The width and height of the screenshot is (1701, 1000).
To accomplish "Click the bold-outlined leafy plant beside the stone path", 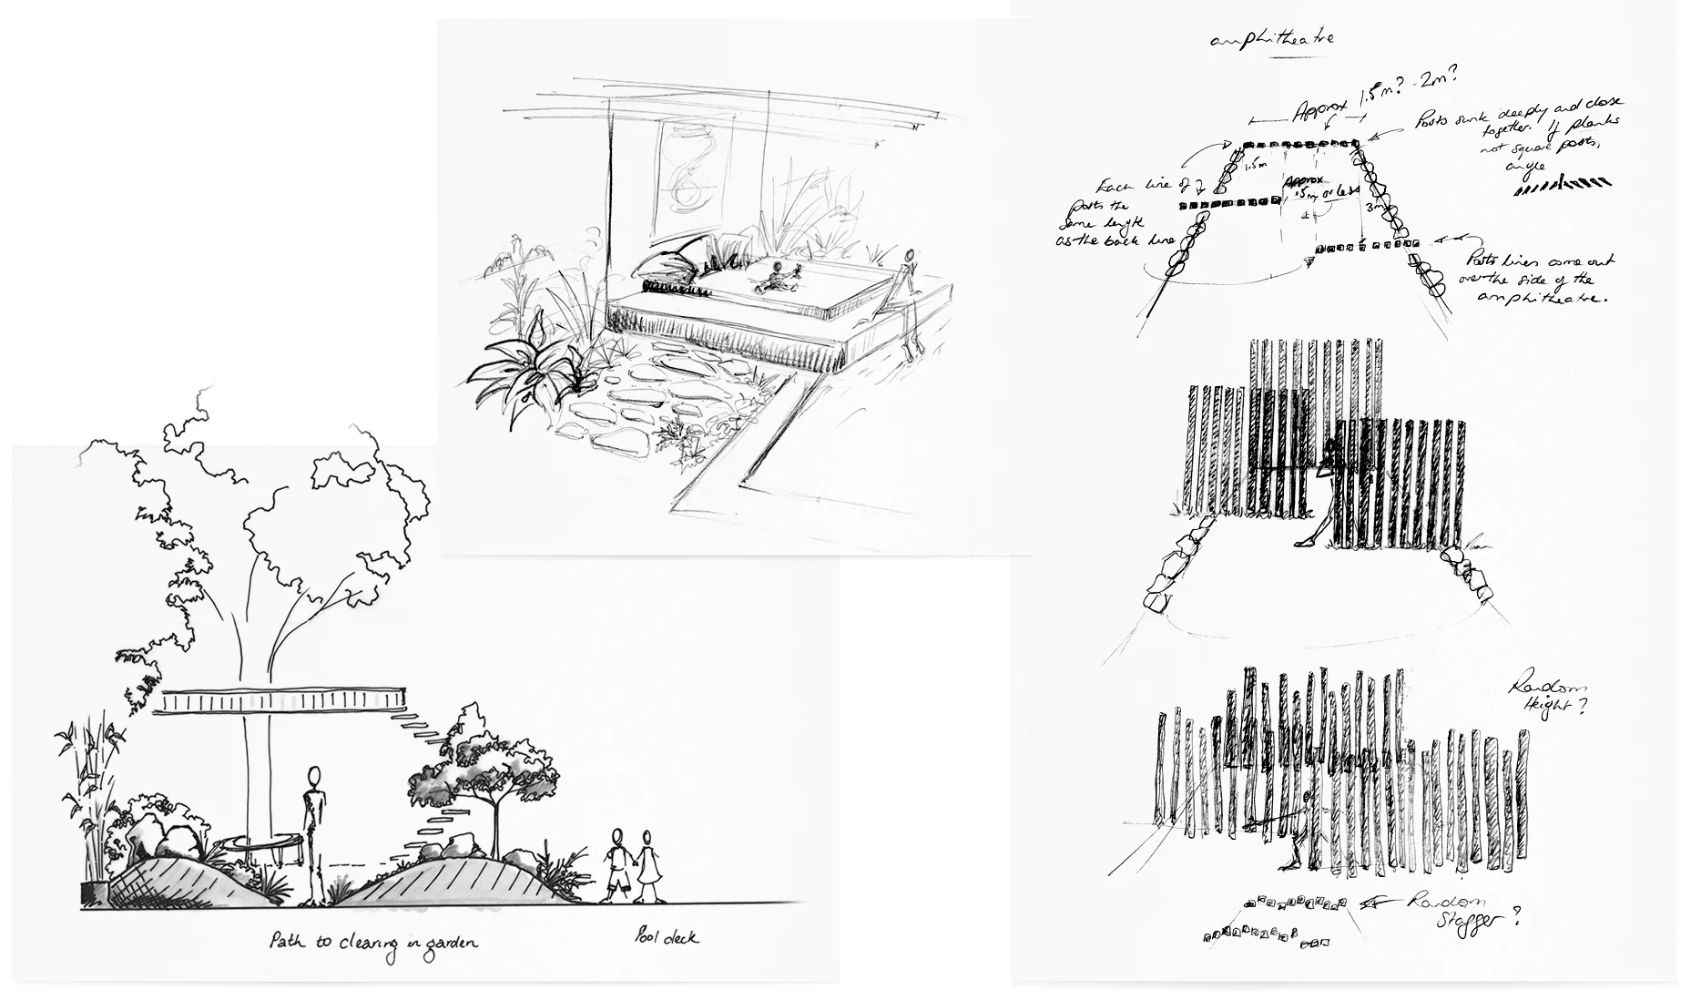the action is pyautogui.click(x=524, y=373).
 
